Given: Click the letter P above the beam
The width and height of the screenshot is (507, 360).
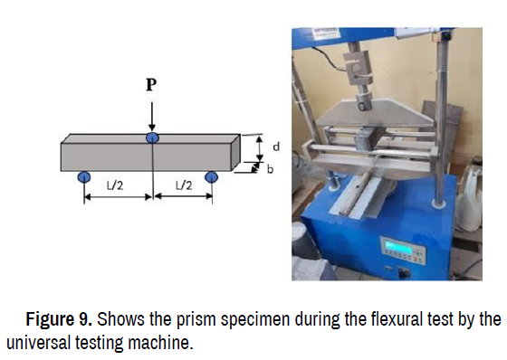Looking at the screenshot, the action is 151,85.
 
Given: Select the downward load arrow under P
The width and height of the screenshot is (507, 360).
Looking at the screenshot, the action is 152,117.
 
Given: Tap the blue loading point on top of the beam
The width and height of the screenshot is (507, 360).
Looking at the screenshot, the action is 152,137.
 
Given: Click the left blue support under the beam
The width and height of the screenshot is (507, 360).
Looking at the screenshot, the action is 84,177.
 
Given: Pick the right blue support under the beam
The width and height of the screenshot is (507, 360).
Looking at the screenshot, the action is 212,177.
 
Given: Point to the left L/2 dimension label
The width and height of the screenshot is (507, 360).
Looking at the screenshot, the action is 115,185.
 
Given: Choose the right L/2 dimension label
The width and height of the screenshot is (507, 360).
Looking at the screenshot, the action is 184,185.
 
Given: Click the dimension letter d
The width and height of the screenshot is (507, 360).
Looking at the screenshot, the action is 276,147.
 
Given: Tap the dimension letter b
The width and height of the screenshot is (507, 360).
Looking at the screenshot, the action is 271,169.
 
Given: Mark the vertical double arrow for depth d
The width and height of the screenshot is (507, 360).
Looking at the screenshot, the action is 260,148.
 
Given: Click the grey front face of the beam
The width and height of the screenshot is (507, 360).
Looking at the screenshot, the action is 146,156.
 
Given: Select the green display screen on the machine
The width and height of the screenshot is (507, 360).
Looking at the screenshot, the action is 398,248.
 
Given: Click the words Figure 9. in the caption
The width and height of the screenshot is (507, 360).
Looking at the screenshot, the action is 59,319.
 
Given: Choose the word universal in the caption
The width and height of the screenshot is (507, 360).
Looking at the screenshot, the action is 38,343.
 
